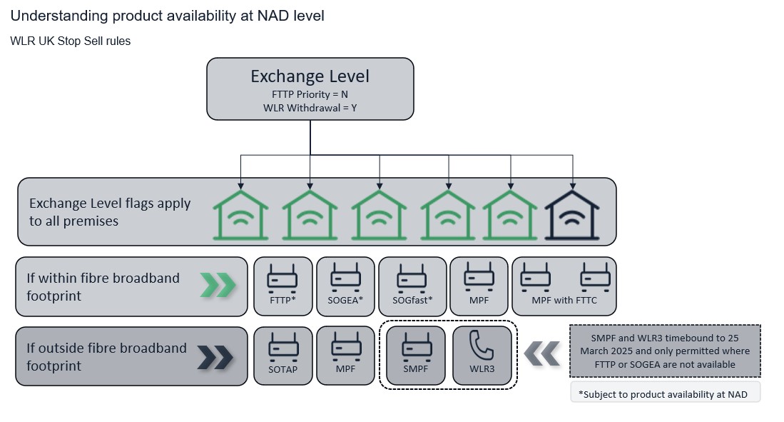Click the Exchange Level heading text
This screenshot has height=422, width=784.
coord(310,76)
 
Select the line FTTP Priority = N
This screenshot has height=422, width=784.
coord(310,95)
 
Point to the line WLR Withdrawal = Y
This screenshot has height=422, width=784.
coord(310,108)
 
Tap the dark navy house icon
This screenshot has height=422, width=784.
coord(572,215)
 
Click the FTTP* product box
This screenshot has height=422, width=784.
coord(283,286)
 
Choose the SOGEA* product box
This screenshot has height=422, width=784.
coord(345,286)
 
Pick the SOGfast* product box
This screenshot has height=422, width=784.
coord(412,286)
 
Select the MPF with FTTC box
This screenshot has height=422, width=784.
coord(564,286)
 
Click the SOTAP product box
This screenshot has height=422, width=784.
coord(283,356)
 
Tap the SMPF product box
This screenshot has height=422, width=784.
coord(415,356)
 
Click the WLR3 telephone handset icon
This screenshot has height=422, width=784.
coord(482,346)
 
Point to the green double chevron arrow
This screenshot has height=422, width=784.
coord(218,286)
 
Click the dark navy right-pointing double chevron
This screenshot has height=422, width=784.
coord(215,358)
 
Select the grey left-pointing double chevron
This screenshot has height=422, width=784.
coord(542,353)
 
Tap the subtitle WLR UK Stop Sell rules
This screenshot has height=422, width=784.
coord(70,41)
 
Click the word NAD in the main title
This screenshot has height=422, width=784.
coord(273,16)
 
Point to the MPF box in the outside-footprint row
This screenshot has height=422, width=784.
coord(345,356)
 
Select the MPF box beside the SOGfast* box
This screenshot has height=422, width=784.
coord(479,286)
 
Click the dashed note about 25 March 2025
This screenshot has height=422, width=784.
coord(665,351)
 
